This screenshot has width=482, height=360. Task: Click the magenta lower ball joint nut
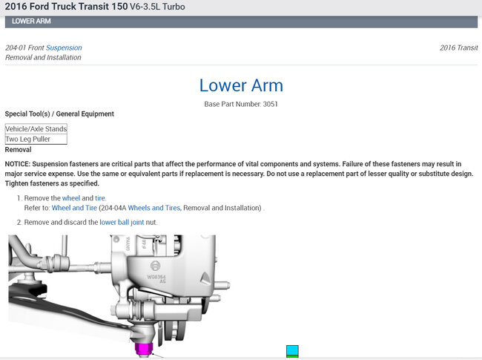144,349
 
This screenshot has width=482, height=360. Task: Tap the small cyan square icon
292,350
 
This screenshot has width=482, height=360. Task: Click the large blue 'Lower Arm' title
241,85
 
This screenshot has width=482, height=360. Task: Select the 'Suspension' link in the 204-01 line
64,48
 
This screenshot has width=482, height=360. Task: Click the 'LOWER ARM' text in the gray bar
31,22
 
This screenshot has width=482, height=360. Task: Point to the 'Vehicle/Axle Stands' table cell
36,129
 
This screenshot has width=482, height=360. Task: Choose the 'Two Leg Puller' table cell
36,139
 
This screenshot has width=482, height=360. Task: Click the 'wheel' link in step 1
71,198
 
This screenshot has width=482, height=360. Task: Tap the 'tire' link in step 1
100,198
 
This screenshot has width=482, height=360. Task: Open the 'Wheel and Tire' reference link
74,208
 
